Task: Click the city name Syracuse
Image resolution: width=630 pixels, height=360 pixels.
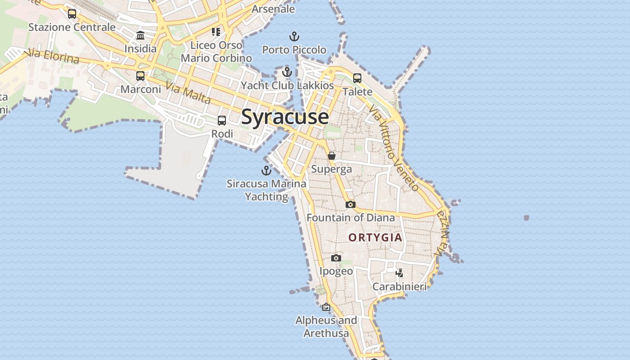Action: point(285,117)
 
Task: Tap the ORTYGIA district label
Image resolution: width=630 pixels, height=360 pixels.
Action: point(375,237)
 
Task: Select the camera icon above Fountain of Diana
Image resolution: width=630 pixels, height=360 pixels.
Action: point(351,205)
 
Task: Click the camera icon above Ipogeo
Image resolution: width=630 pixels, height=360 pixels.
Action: point(336,258)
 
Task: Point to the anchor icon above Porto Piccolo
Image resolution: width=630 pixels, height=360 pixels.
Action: point(294,36)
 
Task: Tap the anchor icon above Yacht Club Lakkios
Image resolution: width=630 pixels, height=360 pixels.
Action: point(287,72)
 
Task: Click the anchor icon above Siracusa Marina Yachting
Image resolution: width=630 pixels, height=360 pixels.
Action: point(266,171)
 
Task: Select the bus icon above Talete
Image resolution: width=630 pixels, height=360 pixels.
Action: point(357,78)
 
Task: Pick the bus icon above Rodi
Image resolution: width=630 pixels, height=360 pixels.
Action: point(222,121)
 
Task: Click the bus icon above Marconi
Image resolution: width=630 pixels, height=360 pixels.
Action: point(140,76)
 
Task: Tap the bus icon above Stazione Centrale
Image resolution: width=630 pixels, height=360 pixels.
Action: point(72,14)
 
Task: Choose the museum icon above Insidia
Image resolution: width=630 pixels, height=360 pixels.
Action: point(140,36)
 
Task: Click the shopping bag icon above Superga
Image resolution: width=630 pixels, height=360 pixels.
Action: point(332,156)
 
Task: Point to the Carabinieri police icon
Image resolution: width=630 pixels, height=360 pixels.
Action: point(399,273)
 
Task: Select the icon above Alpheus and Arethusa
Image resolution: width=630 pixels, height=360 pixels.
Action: point(326,307)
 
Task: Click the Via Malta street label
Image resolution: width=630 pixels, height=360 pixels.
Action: point(188,92)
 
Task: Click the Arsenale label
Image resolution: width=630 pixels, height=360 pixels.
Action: point(273,9)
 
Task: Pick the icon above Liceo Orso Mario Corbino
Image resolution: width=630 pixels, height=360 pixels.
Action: point(216,31)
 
